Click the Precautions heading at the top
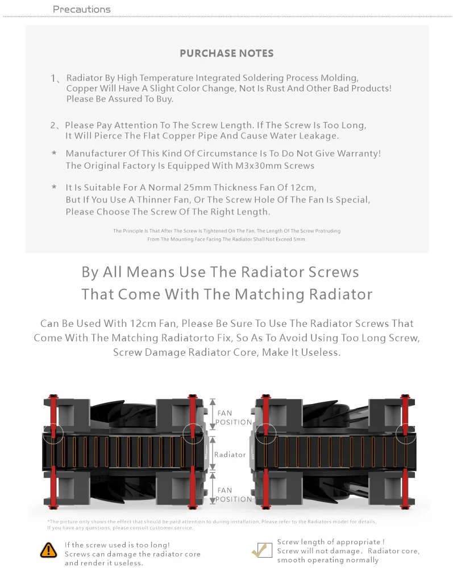pyautogui.click(x=81, y=9)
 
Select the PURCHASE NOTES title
pyautogui.click(x=226, y=53)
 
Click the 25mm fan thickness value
pyautogui.click(x=177, y=187)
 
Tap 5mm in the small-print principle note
pyautogui.click(x=300, y=239)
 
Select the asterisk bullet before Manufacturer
pyautogui.click(x=54, y=154)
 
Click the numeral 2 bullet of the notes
pyautogui.click(x=53, y=125)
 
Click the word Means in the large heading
pyautogui.click(x=151, y=272)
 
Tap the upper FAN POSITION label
pyautogui.click(x=234, y=418)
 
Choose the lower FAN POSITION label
pyautogui.click(x=234, y=495)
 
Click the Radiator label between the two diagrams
pyautogui.click(x=230, y=455)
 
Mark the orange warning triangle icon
pyautogui.click(x=49, y=549)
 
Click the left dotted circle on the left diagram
pyautogui.click(x=53, y=433)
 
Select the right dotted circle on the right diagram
pyautogui.click(x=406, y=433)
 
